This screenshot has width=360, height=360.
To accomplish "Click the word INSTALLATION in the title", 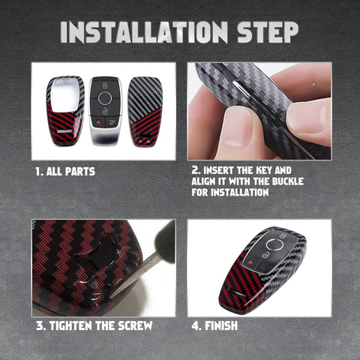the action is [x=144, y=32].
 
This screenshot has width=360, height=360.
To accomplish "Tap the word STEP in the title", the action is [x=268, y=32].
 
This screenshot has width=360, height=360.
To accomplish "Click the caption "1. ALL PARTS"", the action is [x=65, y=172].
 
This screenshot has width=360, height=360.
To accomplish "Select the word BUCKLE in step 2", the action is [x=288, y=181].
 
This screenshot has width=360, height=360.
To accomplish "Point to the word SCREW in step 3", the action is [x=135, y=325].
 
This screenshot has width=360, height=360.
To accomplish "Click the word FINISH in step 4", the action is [x=221, y=325].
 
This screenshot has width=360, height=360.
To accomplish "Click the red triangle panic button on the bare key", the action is [x=97, y=123].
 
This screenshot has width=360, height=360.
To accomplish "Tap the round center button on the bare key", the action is [x=105, y=98].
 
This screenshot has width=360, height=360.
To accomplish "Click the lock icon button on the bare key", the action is [x=105, y=85].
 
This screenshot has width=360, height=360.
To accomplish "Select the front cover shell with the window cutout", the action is [x=65, y=110].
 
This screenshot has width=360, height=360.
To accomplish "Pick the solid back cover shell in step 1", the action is [x=145, y=112].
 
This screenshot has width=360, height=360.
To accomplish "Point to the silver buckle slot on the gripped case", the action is [x=241, y=88].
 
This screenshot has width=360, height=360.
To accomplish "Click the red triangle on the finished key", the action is [x=250, y=262].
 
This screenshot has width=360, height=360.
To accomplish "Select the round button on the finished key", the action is [x=274, y=244].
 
